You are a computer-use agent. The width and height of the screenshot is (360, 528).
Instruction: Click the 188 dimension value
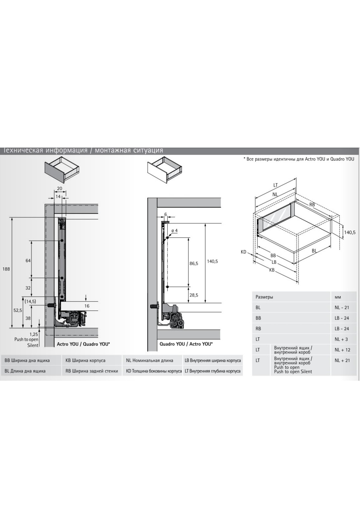coord(6,269)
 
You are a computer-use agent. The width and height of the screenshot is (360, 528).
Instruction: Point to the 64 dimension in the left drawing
coord(28,261)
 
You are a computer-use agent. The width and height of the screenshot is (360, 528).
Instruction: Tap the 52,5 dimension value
coord(18,310)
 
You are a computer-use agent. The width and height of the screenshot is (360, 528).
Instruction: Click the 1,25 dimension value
coord(34,334)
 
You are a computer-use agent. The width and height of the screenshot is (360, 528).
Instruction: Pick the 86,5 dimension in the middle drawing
coord(194,264)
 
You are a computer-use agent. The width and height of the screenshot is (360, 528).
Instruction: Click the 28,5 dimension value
coord(194,295)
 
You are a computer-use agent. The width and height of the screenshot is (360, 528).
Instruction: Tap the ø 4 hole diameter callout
coord(174,230)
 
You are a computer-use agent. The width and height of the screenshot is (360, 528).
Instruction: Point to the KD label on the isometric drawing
coord(243,252)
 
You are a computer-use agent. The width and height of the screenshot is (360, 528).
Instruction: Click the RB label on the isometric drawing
coord(312,205)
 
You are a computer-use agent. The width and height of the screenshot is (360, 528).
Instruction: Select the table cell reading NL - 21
coord(342,307)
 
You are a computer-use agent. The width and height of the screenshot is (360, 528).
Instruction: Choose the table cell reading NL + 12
coord(342,350)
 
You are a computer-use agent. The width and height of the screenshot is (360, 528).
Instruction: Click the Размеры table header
coord(264,297)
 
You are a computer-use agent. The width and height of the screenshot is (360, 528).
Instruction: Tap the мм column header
coord(338,297)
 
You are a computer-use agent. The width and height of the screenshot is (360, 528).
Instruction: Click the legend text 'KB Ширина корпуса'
coord(85,361)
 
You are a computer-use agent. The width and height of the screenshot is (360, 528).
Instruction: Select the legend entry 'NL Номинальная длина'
coord(150,361)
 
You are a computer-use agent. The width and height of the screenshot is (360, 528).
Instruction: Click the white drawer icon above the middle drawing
coord(165,171)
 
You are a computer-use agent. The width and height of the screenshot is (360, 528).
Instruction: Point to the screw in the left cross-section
coord(52,305)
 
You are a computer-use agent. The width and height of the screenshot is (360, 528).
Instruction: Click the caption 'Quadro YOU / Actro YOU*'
coord(186,344)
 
